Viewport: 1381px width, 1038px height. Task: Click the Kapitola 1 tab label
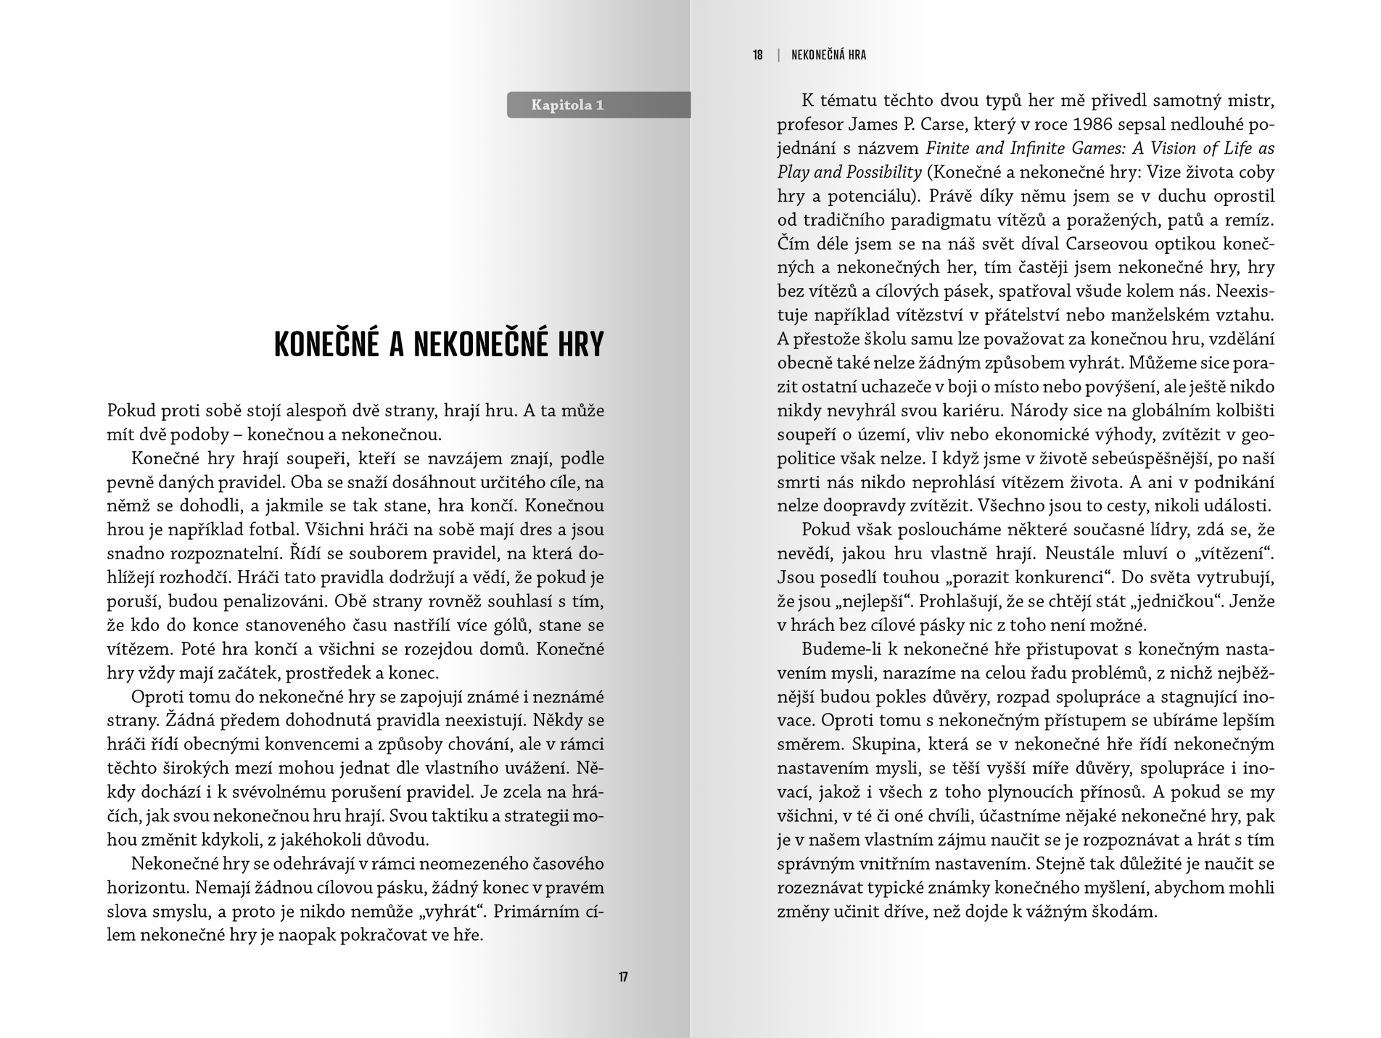567,105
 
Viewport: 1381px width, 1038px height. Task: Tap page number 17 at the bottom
623,977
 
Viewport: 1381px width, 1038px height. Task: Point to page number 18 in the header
757,55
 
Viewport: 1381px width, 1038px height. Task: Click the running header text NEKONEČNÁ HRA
828,55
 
